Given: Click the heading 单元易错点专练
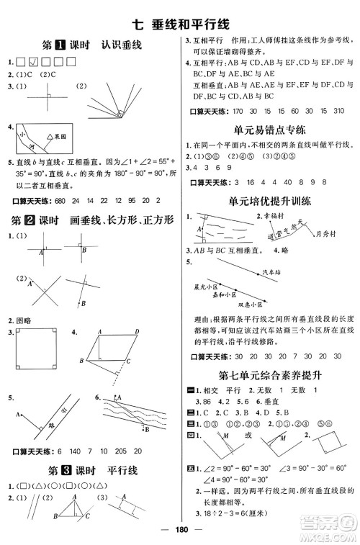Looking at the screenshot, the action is pyautogui.click(x=270, y=130).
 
